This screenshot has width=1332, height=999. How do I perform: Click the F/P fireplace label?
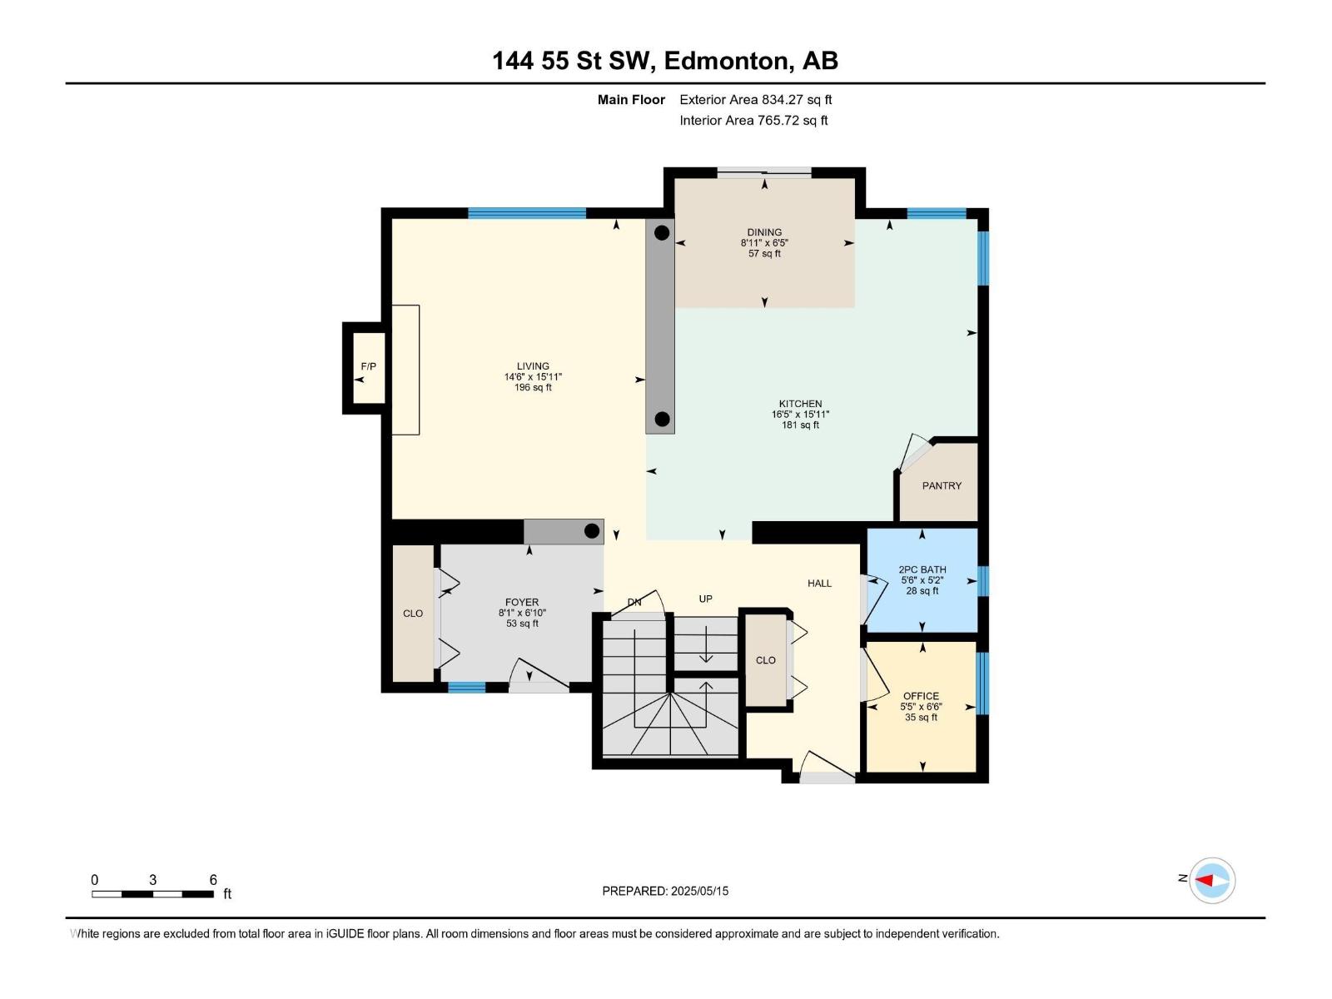368,366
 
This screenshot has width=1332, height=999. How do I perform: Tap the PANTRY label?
942,486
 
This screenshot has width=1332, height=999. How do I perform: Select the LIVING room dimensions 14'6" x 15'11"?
533,376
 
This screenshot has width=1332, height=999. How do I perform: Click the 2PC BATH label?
922,569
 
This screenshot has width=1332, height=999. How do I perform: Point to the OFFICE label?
922,696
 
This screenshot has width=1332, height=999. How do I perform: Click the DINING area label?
764,232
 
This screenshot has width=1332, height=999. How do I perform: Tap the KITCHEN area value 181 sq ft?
800,425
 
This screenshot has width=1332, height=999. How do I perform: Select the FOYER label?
522,602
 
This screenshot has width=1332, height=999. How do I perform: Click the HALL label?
819,584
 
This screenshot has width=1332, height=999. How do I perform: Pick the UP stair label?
705,599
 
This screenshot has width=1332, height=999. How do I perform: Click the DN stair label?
634,602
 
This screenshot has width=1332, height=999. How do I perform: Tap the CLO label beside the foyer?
413,614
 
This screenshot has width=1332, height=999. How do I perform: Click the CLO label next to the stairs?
766,660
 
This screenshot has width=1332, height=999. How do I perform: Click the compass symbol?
1212,880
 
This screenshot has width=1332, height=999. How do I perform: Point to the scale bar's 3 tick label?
153,879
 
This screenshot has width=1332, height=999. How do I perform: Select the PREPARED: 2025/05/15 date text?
665,891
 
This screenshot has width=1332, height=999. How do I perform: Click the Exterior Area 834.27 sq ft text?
756,99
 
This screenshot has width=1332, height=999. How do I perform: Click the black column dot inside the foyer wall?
592,531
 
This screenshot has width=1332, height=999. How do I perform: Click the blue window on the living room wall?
527,213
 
